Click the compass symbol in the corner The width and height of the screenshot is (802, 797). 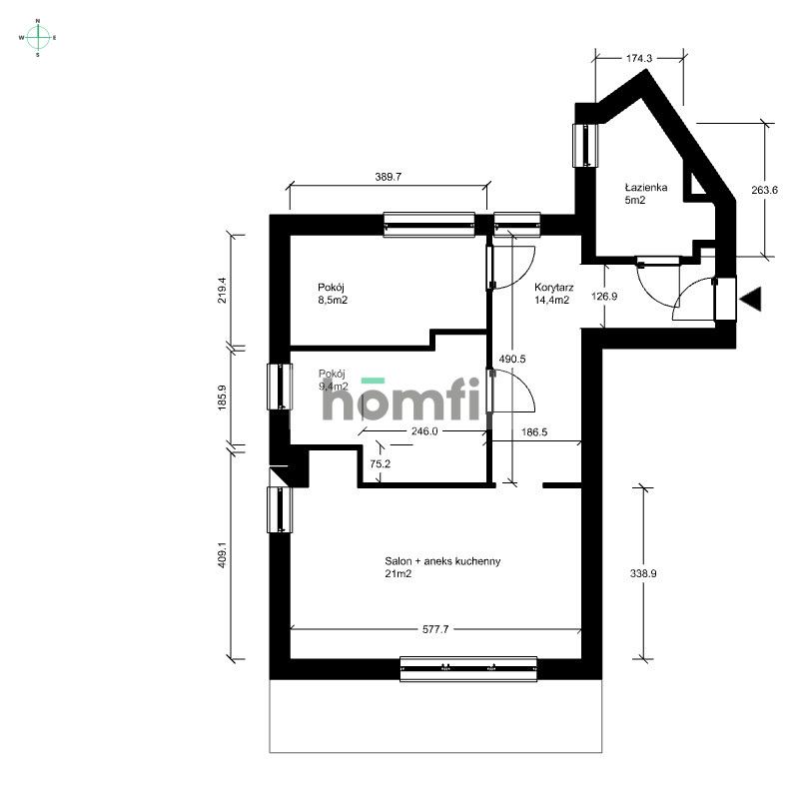pos(38,37)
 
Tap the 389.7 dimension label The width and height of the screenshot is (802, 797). pos(389,175)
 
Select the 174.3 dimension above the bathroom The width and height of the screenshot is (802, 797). pos(639,59)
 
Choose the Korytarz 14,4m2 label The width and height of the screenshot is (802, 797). pos(551,293)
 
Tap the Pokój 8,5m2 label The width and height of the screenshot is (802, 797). pos(335,293)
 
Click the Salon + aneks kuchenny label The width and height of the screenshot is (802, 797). pos(442,567)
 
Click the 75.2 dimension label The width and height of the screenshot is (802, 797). pos(379,463)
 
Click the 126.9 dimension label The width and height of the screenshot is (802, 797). pos(596,296)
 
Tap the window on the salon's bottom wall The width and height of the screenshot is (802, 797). pos(467,669)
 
